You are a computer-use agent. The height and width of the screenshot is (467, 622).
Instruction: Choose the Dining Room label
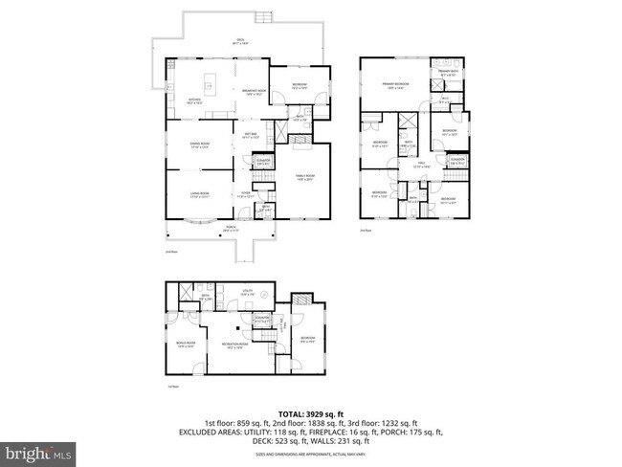(x=200, y=145)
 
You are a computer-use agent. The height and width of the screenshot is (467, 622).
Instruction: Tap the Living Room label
(x=200, y=194)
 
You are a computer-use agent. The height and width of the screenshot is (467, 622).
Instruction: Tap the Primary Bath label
(x=448, y=72)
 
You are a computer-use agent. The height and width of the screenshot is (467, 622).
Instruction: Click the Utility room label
(x=246, y=292)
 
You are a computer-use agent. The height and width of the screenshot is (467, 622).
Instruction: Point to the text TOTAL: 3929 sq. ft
(x=311, y=412)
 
